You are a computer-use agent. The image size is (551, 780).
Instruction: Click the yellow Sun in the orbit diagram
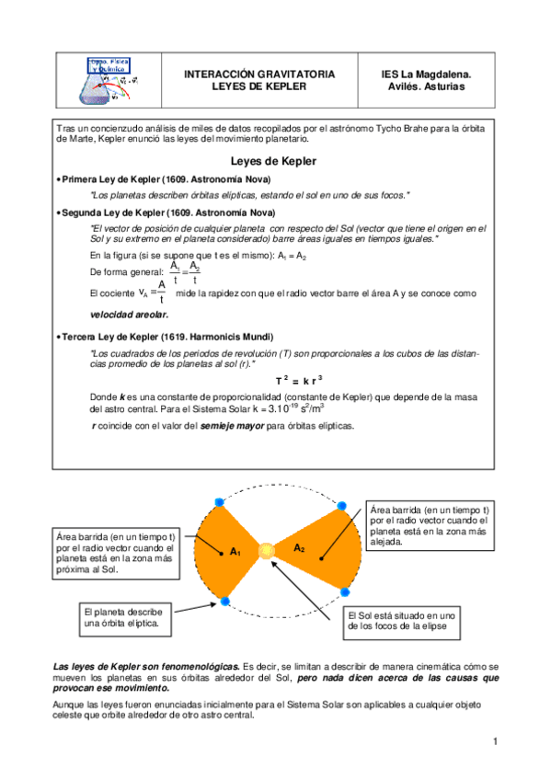(267, 551)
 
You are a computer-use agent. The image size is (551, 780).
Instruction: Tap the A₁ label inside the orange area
(235, 552)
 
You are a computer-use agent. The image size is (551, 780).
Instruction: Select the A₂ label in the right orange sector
(299, 548)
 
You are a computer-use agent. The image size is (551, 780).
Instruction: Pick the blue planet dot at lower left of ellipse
(224, 602)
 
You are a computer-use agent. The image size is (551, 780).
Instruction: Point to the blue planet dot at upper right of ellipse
(342, 507)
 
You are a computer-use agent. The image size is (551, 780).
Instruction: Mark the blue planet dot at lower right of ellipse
(343, 591)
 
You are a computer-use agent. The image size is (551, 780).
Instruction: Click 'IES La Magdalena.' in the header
(426, 74)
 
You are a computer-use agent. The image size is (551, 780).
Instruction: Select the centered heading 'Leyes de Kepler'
(274, 161)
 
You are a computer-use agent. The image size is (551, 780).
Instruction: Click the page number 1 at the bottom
(494, 742)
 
